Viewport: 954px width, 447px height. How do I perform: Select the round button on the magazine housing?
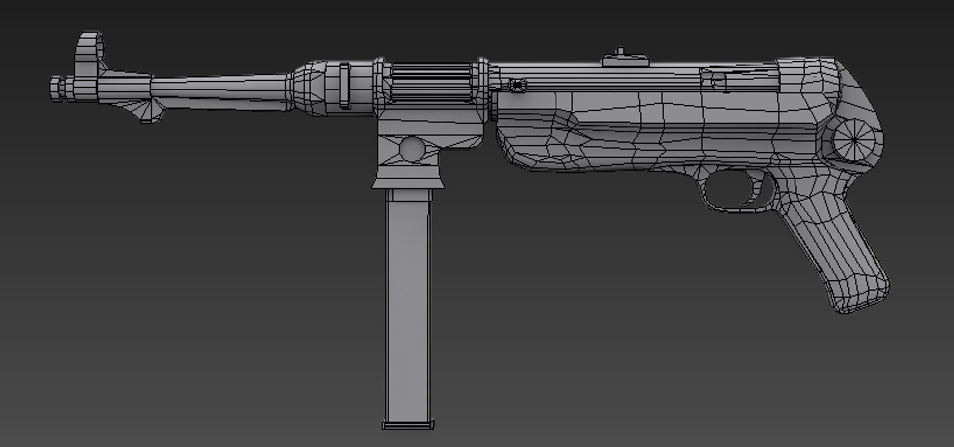click(412, 149)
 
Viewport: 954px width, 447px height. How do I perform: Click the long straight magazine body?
click(407, 308)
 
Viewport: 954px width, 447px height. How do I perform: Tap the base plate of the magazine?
click(407, 425)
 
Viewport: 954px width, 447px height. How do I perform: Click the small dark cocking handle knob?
click(518, 86)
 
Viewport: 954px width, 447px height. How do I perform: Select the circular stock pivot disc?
click(853, 140)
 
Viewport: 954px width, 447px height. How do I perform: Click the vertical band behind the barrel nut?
click(344, 86)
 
